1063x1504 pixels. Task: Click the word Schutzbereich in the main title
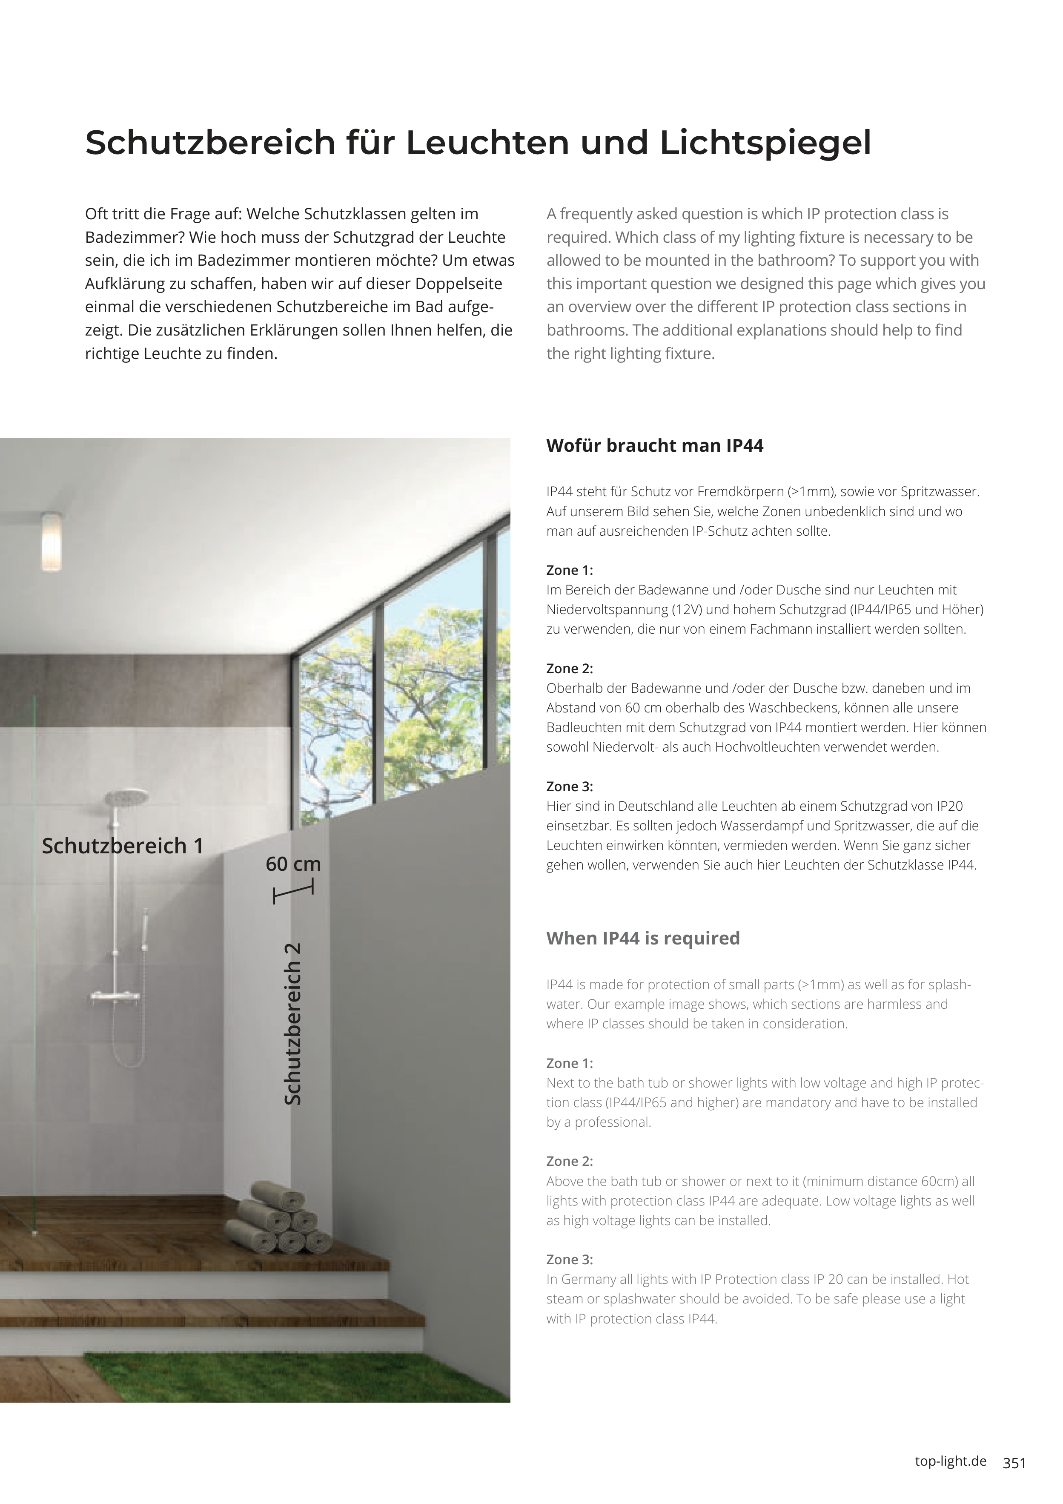[209, 143]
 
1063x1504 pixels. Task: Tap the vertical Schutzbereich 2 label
[293, 1024]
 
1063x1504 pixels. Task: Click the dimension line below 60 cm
[293, 892]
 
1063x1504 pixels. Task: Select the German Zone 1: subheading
[569, 571]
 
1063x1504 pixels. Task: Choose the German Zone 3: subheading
[569, 787]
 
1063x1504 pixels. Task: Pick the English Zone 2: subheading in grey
[569, 1161]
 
